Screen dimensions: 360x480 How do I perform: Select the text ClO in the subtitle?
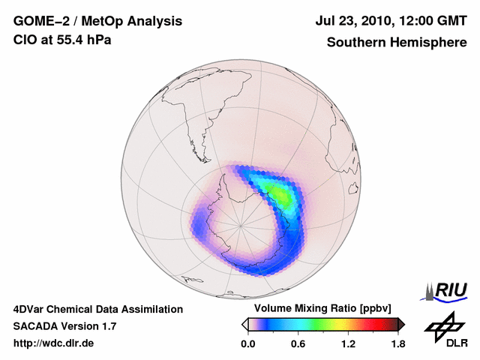tap(24, 40)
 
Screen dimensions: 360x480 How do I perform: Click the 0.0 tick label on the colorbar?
tap(247, 343)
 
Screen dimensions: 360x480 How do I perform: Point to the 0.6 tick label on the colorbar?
tap(298, 343)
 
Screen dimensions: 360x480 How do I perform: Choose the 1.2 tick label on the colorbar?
tap(349, 343)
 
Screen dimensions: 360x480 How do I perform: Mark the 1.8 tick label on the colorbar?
tap(397, 343)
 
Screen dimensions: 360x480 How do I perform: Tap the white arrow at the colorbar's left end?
tap(244, 324)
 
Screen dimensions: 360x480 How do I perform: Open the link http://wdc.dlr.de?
tap(54, 343)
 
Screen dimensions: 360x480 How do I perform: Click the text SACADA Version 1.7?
tap(64, 326)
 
